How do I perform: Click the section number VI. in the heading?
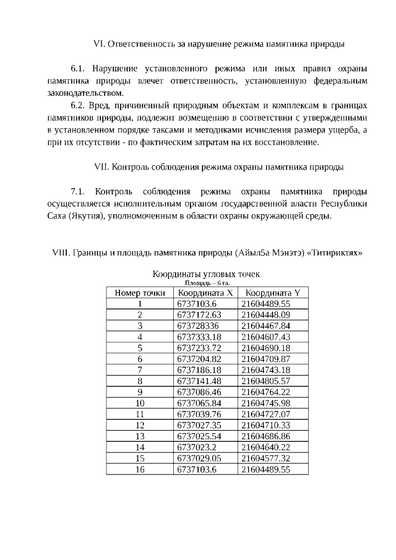(x=99, y=44)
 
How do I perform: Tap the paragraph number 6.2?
(x=80, y=105)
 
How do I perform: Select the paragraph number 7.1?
(x=80, y=191)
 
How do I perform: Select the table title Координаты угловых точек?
(x=206, y=274)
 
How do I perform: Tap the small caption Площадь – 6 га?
(x=207, y=282)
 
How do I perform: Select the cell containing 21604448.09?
(x=265, y=314)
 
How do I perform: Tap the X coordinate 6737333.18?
(x=199, y=337)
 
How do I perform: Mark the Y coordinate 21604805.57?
(x=265, y=381)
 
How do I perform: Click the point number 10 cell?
(x=140, y=403)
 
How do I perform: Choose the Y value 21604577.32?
(x=265, y=458)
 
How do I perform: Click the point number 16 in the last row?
(x=140, y=469)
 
